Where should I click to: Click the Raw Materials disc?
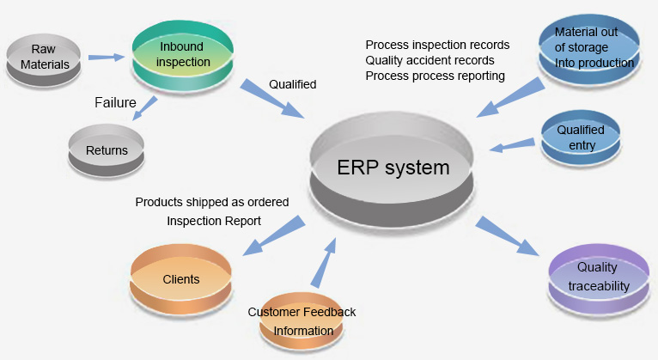click(43, 60)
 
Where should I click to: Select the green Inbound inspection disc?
click(183, 57)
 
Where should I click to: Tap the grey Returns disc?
click(107, 149)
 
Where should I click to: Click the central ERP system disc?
click(392, 170)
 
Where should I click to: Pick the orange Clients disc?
click(181, 279)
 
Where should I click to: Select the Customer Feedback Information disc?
click(302, 321)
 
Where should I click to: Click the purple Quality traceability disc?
click(599, 277)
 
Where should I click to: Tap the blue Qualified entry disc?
click(581, 137)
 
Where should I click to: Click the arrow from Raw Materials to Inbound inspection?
click(107, 57)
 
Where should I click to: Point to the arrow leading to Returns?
click(145, 108)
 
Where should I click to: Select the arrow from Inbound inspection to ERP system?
click(272, 98)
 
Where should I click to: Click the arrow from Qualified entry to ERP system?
click(512, 145)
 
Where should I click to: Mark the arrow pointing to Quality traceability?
click(507, 235)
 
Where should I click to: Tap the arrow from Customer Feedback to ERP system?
click(324, 263)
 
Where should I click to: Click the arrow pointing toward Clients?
click(274, 235)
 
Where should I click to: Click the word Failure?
click(115, 102)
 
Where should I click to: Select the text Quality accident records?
click(430, 60)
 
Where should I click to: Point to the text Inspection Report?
click(214, 221)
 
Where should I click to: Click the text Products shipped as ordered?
click(212, 202)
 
